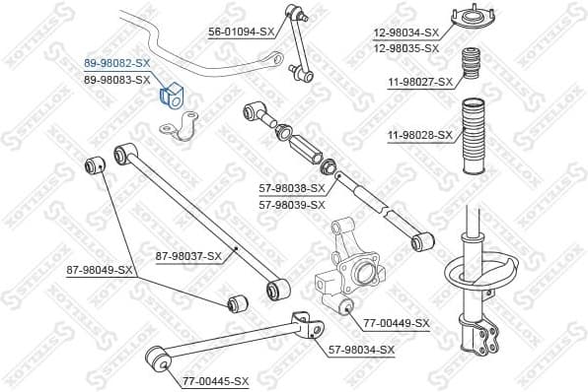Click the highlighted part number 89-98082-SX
(x=116, y=61)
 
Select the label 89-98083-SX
(x=116, y=78)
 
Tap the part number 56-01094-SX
(x=242, y=32)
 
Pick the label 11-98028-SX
(x=418, y=135)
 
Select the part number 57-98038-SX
(x=292, y=187)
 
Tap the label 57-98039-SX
(x=292, y=204)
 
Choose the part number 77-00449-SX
(x=397, y=323)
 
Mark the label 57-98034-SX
(x=361, y=349)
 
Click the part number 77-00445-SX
(x=216, y=380)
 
